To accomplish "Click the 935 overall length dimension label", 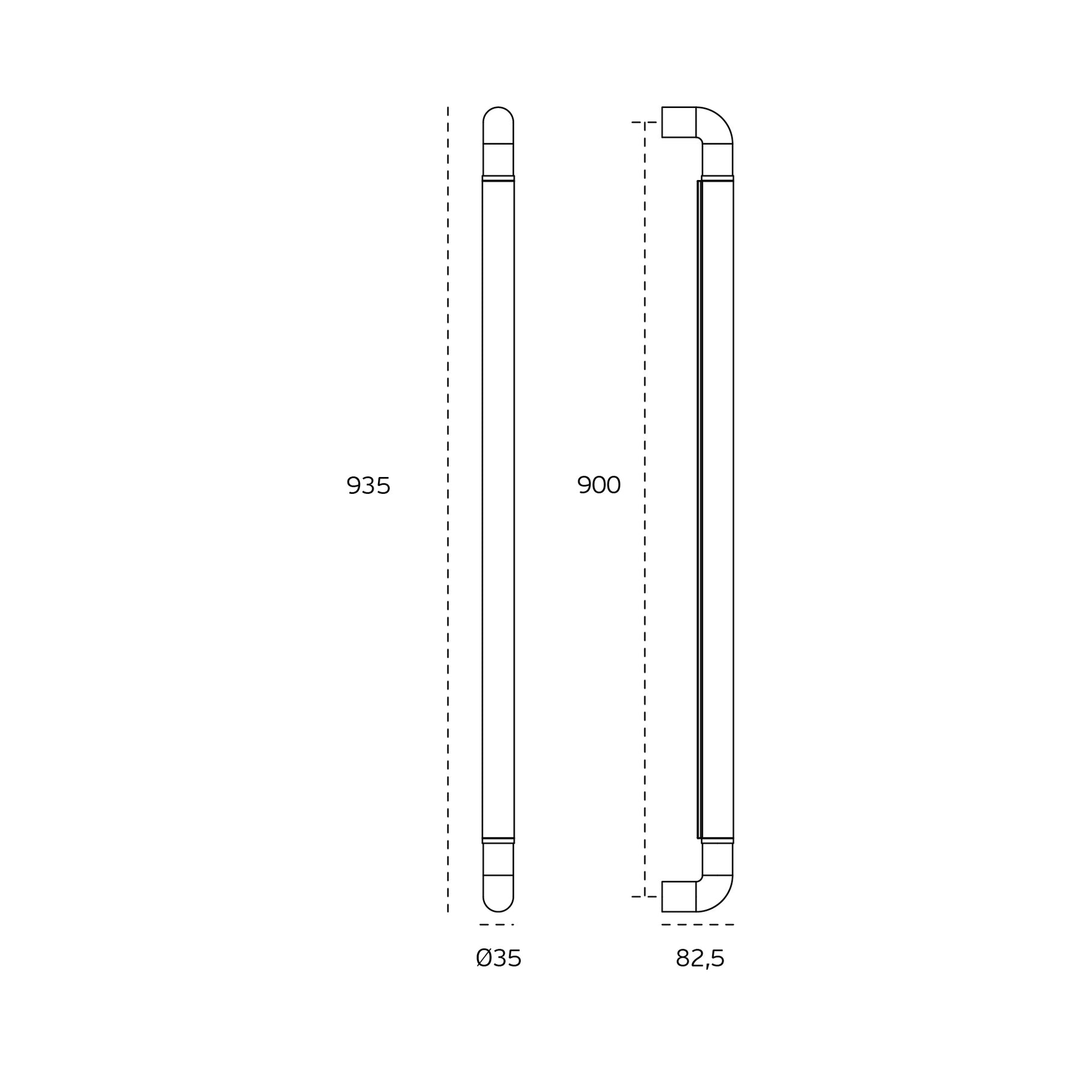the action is pyautogui.click(x=368, y=486).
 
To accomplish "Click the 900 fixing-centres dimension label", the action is pyautogui.click(x=599, y=485).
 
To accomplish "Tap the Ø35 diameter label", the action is pyautogui.click(x=499, y=959).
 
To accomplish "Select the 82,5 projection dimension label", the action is pyautogui.click(x=700, y=959).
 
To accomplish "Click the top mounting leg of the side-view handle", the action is pyautogui.click(x=679, y=122).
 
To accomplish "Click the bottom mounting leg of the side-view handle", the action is pyautogui.click(x=679, y=896).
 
